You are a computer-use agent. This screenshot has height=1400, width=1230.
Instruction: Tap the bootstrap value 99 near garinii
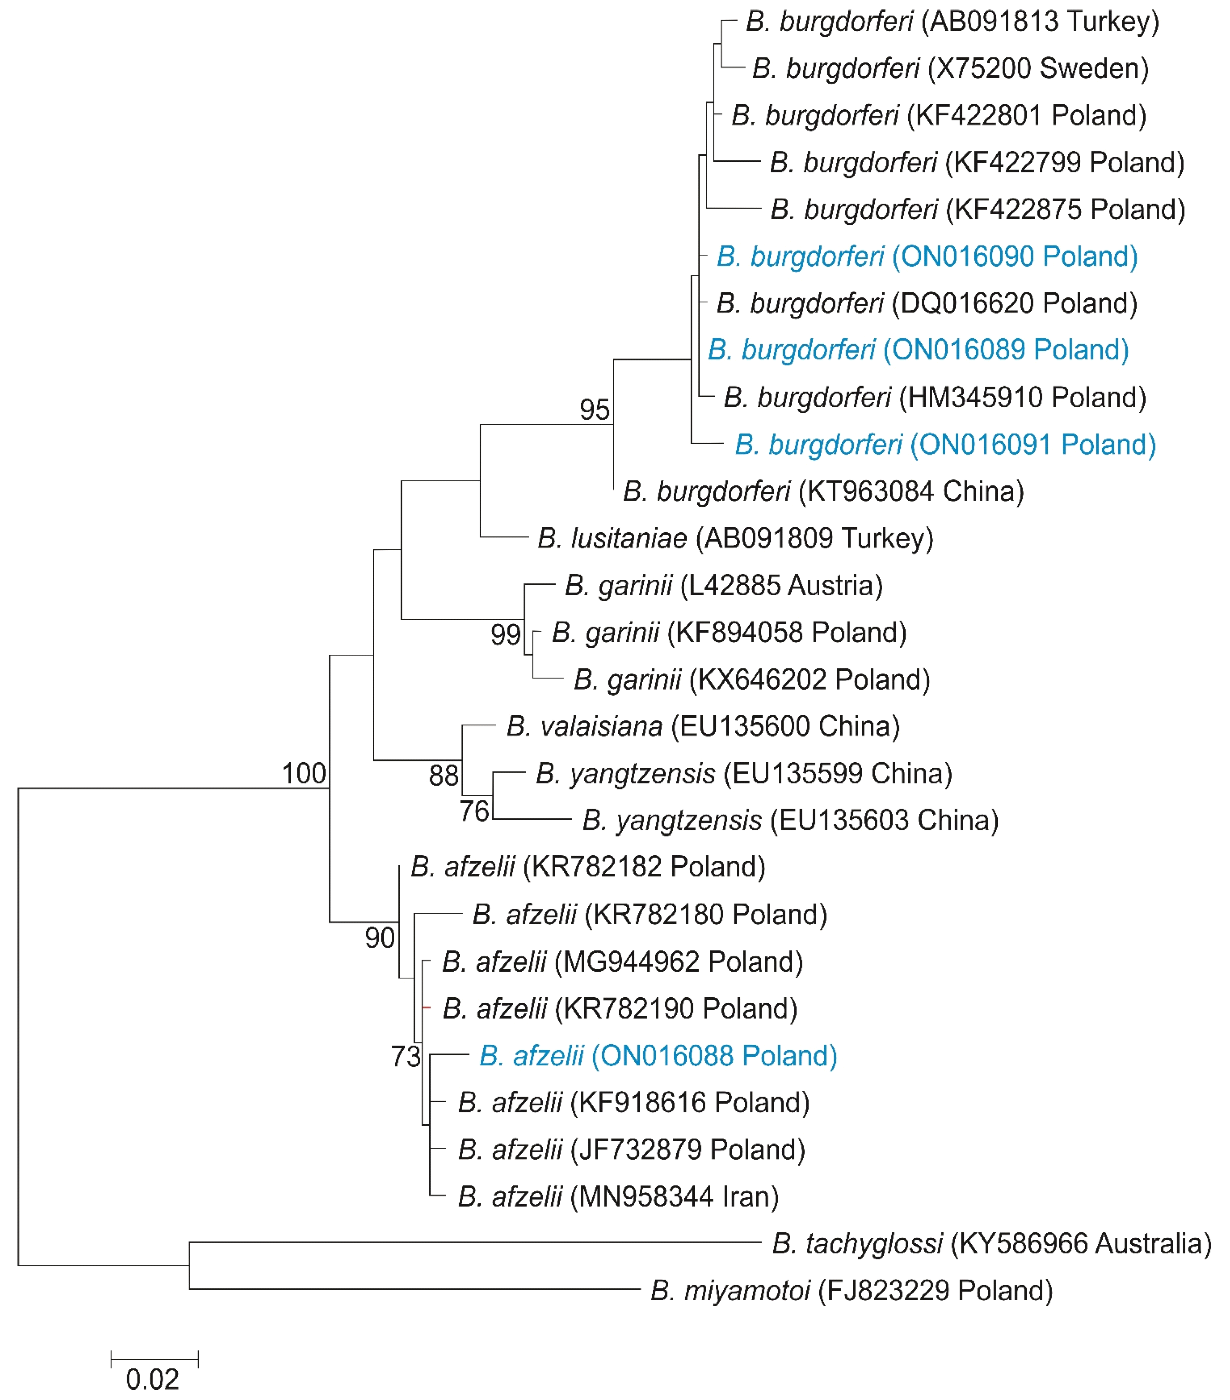point(506,635)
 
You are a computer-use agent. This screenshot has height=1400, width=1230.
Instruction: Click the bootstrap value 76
point(474,812)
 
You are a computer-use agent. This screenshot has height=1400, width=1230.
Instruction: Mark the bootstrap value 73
point(405,1057)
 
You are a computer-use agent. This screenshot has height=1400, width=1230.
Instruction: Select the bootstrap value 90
point(380,938)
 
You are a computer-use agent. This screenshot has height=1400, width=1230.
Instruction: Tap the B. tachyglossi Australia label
point(991,1243)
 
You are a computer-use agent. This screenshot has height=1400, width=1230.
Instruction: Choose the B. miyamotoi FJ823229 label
point(850,1290)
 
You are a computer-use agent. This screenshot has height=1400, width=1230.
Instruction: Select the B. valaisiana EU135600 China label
point(703,727)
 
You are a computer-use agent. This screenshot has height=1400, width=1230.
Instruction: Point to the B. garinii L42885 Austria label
point(723,586)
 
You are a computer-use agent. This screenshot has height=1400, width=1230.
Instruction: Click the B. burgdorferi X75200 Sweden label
point(950,69)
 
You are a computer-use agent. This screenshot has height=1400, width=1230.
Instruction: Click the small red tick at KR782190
point(427,1007)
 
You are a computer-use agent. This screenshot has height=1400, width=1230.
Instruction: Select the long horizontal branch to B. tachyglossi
point(473,1242)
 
